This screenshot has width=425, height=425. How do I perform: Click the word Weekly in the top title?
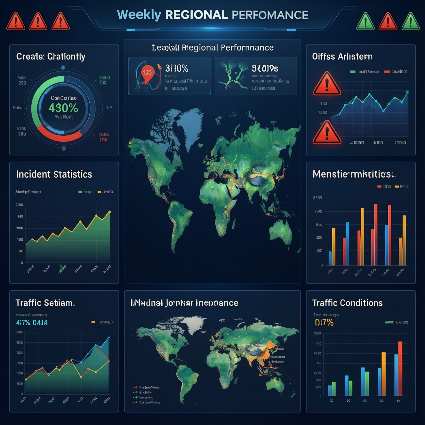tap(139, 15)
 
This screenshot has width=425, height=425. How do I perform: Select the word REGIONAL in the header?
tap(196, 15)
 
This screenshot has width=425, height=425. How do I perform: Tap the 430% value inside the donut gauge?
tap(63, 108)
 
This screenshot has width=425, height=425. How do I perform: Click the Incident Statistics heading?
tap(54, 174)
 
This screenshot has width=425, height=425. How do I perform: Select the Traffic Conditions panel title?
tap(347, 303)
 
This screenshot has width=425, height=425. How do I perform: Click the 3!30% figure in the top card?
tap(176, 68)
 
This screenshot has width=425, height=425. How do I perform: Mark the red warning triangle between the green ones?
tap(388, 21)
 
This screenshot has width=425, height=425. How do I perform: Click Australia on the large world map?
tap(281, 229)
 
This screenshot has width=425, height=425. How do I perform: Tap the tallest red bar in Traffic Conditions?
tap(400, 368)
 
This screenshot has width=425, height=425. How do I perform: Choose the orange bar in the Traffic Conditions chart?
tap(383, 374)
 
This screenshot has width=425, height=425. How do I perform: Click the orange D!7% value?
tap(324, 323)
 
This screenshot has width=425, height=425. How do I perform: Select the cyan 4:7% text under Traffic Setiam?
tap(23, 323)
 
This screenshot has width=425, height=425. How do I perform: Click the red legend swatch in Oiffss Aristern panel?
tap(387, 72)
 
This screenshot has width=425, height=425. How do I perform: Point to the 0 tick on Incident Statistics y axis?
tap(22, 263)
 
